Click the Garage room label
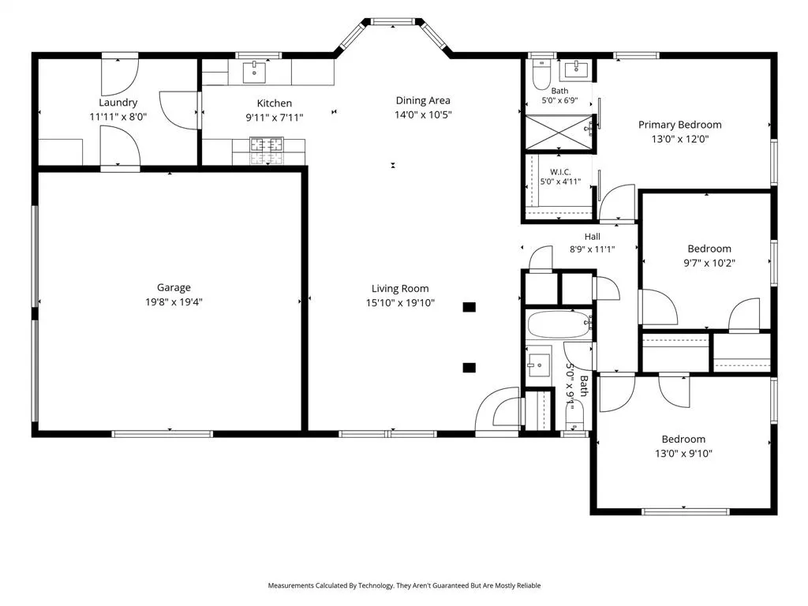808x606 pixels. coord(174,287)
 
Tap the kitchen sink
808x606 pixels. coord(254,72)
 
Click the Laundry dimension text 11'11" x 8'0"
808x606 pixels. coord(118,117)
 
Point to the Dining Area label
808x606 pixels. coord(423,100)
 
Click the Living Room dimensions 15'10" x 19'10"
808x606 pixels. coord(400,303)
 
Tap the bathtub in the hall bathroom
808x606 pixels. coord(559,324)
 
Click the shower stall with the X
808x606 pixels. coord(559,132)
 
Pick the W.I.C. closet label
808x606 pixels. coord(560,172)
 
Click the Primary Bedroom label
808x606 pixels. coord(679,125)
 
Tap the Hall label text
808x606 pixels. coord(592,237)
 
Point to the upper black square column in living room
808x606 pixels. coord(469,307)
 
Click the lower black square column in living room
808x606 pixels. coord(469,368)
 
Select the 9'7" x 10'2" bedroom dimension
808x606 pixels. coord(709,263)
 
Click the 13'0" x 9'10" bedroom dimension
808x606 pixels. coord(683,454)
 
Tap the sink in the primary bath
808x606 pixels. coord(576,69)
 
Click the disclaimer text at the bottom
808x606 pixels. coord(404,585)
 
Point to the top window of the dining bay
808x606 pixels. coord(393,21)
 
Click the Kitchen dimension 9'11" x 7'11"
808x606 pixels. coord(274,118)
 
